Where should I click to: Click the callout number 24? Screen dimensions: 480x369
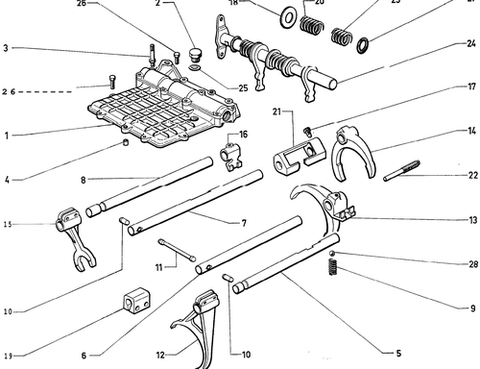(x=470, y=43)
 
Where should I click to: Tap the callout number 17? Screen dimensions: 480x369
(x=471, y=86)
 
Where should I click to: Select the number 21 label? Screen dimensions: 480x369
(x=276, y=111)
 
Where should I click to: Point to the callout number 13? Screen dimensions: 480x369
(x=473, y=220)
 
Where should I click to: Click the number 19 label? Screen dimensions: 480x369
(x=9, y=356)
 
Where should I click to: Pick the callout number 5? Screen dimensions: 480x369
(x=398, y=354)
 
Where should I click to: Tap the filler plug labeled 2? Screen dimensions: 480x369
(x=194, y=55)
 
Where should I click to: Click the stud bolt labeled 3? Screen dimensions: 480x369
(x=152, y=56)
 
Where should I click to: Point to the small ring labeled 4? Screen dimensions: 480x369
(x=126, y=142)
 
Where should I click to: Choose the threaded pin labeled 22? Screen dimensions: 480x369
(x=402, y=171)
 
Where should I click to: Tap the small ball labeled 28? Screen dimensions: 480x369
(x=332, y=254)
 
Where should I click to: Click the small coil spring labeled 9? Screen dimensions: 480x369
(x=333, y=267)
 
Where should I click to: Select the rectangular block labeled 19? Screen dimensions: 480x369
(x=137, y=301)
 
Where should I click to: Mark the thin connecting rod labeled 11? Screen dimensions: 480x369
(x=177, y=250)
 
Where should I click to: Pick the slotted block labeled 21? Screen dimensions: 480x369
(x=299, y=156)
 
